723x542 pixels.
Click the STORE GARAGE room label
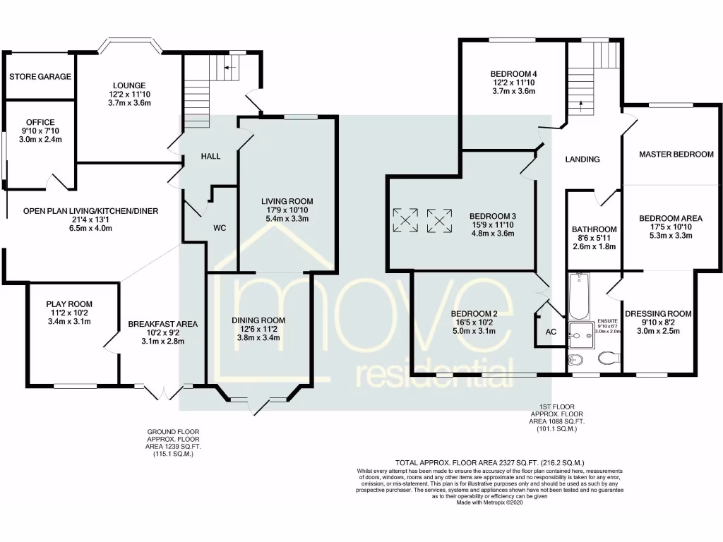[40, 76]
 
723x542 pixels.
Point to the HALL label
[210, 156]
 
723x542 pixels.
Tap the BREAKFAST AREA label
[162, 324]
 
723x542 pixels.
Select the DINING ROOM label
[258, 320]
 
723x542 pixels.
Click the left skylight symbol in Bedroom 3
[405, 220]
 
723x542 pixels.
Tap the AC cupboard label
[551, 332]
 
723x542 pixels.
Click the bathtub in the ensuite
[579, 296]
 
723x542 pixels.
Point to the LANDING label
[582, 159]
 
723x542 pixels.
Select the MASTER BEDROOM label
[676, 154]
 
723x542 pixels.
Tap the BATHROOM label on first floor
[594, 229]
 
